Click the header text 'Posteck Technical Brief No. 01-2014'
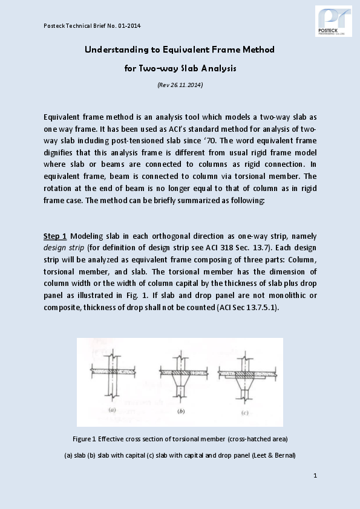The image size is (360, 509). pyautogui.click(x=92, y=25)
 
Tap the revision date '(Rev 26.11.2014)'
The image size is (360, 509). pyautogui.click(x=180, y=85)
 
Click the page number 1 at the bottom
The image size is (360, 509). pyautogui.click(x=315, y=476)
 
